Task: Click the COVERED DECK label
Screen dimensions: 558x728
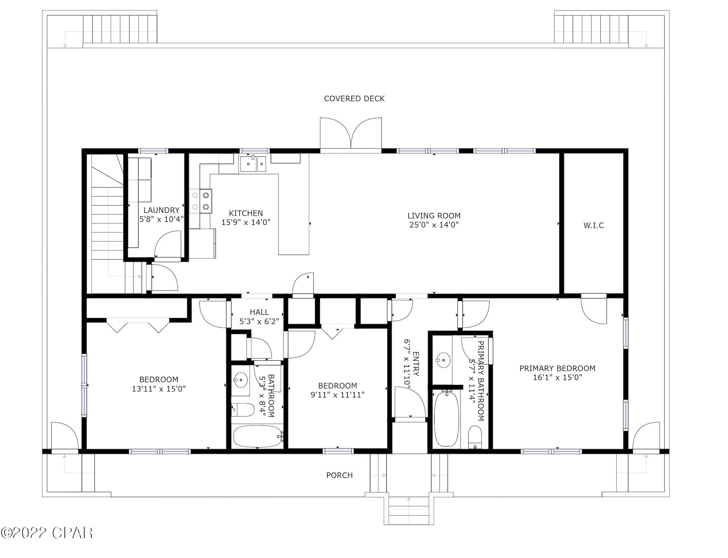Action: [354, 98]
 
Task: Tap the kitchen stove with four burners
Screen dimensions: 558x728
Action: [200, 201]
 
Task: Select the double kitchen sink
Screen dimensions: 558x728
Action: [253, 164]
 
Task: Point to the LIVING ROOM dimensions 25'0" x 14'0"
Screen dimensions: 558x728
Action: [434, 225]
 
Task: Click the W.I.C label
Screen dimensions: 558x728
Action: [593, 225]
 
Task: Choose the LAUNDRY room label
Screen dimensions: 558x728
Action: [161, 210]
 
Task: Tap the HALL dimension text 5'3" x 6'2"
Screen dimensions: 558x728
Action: [259, 321]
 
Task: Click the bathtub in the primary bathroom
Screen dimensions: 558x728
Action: [446, 419]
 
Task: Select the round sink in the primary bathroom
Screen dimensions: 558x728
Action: [444, 360]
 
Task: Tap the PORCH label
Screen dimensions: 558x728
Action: [339, 475]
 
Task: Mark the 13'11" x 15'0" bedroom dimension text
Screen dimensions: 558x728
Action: [159, 389]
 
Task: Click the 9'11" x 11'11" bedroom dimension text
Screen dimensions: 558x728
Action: [337, 394]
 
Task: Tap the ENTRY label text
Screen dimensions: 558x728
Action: [416, 364]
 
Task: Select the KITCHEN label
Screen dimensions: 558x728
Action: [246, 213]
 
